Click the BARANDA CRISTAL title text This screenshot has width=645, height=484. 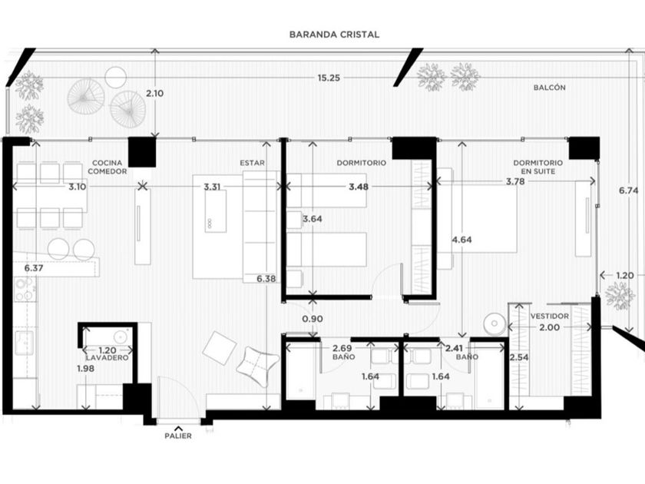click(x=334, y=35)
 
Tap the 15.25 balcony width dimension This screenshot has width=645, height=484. click(x=329, y=78)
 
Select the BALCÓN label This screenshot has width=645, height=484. click(x=550, y=88)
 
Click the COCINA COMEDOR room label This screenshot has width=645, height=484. click(x=107, y=167)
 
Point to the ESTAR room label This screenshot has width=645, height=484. click(x=252, y=163)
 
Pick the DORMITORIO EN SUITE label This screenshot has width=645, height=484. click(x=538, y=167)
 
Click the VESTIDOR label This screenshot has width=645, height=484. click(x=550, y=316)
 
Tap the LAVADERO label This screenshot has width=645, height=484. click(x=107, y=358)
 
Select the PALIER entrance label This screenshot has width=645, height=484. click(x=178, y=436)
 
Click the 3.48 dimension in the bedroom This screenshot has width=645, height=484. click(x=359, y=187)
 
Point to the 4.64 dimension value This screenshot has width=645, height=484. click(x=461, y=240)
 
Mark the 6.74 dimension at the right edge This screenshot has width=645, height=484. click(x=629, y=191)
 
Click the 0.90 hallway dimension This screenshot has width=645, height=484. click(x=313, y=319)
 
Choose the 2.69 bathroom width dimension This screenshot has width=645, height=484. click(x=342, y=349)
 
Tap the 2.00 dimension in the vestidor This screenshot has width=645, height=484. click(x=550, y=327)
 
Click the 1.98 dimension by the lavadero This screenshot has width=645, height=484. click(x=85, y=369)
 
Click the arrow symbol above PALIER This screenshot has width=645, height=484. click(x=178, y=428)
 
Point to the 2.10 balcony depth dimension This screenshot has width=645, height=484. click(x=154, y=94)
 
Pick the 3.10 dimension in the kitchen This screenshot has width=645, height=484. click(x=78, y=187)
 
